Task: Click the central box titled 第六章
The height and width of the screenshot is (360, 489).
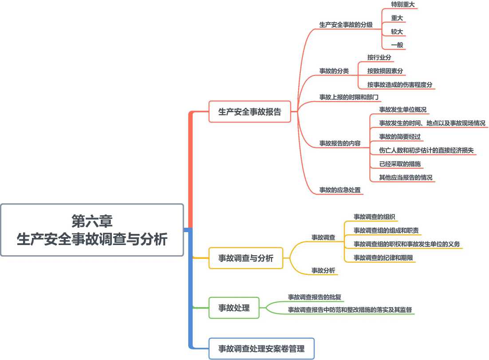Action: pyautogui.click(x=92, y=230)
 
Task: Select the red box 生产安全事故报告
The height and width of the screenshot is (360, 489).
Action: pyautogui.click(x=249, y=111)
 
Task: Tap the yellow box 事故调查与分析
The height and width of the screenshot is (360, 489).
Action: pyautogui.click(x=246, y=258)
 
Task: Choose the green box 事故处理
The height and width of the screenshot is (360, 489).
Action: pyautogui.click(x=234, y=308)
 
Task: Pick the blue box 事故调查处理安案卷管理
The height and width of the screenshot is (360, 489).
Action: pyautogui.click(x=261, y=348)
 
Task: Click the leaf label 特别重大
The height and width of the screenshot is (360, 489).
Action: pyautogui.click(x=403, y=4)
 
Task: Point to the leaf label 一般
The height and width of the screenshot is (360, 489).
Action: pyautogui.click(x=397, y=45)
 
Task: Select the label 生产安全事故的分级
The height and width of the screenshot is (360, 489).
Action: pyautogui.click(x=346, y=25)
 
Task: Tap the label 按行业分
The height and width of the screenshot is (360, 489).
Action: pyautogui.click(x=379, y=57)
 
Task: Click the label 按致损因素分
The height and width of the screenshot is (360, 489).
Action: pyautogui.click(x=385, y=71)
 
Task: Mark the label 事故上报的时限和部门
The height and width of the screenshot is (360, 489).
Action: pyautogui.click(x=349, y=97)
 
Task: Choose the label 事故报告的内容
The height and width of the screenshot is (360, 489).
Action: pyautogui.click(x=340, y=143)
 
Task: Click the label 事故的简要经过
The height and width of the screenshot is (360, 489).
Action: pyautogui.click(x=400, y=137)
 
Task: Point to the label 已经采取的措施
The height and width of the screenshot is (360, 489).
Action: pyautogui.click(x=400, y=164)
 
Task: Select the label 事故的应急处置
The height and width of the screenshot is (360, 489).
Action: pyautogui.click(x=340, y=190)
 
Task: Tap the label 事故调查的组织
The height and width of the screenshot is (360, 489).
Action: pyautogui.click(x=374, y=217)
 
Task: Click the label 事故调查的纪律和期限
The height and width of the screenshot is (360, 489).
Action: pyautogui.click(x=383, y=257)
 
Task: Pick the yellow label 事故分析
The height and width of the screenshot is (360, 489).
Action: pyautogui.click(x=323, y=270)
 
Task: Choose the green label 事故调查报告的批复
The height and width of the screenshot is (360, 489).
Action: pyautogui.click(x=315, y=297)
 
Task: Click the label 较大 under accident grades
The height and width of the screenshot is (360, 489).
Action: pyautogui.click(x=397, y=32)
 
